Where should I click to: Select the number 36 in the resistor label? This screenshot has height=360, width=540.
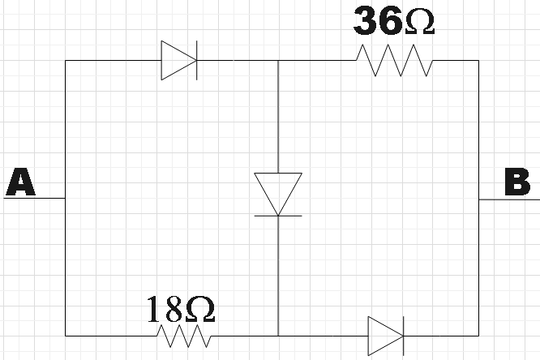pyautogui.click(x=377, y=22)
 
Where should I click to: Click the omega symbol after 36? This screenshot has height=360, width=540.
pyautogui.click(x=418, y=23)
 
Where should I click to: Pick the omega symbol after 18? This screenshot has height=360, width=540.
pyautogui.click(x=199, y=309)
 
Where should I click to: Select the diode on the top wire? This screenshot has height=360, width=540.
pyautogui.click(x=179, y=61)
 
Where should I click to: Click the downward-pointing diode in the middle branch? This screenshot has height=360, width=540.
pyautogui.click(x=278, y=194)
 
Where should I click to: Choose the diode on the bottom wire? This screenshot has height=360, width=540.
pyautogui.click(x=386, y=335)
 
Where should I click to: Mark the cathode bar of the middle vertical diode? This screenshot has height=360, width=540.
pyautogui.click(x=278, y=216)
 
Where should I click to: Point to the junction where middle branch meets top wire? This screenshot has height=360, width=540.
pyautogui.click(x=278, y=61)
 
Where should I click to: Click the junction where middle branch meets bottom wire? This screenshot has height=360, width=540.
pyautogui.click(x=278, y=335)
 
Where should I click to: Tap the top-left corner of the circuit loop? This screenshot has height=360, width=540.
pyautogui.click(x=65, y=61)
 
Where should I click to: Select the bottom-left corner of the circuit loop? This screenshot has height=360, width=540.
pyautogui.click(x=65, y=335)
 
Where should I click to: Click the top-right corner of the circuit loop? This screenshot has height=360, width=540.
pyautogui.click(x=478, y=61)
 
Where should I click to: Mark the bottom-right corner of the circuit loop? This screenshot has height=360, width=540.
pyautogui.click(x=478, y=335)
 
